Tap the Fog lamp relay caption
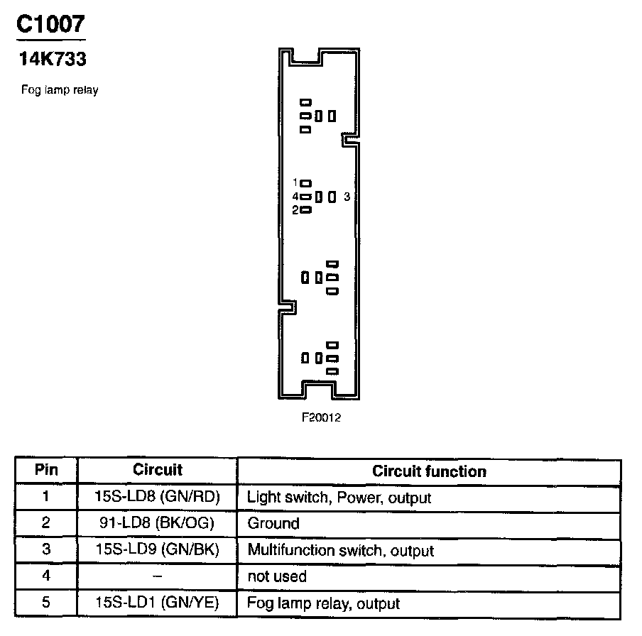pyautogui.click(x=60, y=90)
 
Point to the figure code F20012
pyautogui.click(x=321, y=417)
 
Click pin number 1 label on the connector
pyautogui.click(x=295, y=182)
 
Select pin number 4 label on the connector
pyautogui.click(x=295, y=196)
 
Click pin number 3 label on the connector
pyautogui.click(x=347, y=196)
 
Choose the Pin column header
pyautogui.click(x=46, y=470)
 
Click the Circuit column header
pyautogui.click(x=157, y=470)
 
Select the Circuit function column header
pyautogui.click(x=429, y=471)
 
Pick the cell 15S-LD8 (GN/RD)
pyautogui.click(x=157, y=497)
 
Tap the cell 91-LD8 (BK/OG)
pyautogui.click(x=157, y=523)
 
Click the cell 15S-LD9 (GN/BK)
pyautogui.click(x=157, y=549)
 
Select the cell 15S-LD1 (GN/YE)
pyautogui.click(x=157, y=603)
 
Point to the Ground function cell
pyautogui.click(x=273, y=524)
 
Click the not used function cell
pyautogui.click(x=277, y=576)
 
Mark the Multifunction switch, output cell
pyautogui.click(x=340, y=550)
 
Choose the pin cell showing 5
pyautogui.click(x=46, y=603)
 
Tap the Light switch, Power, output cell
pyautogui.click(x=339, y=498)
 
